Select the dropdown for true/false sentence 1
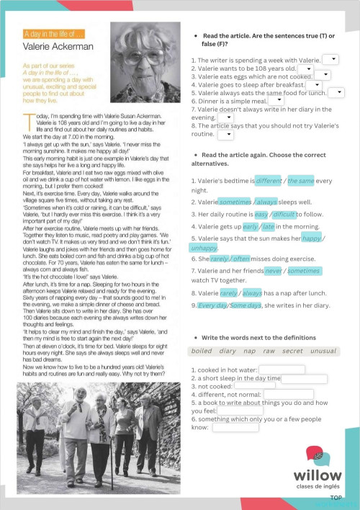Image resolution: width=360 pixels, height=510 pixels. point(330,59)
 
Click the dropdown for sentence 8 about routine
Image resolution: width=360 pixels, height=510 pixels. point(224,134)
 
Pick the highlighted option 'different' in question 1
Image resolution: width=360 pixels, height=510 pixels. point(269,181)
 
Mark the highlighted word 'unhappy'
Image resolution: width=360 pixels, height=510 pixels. point(204,248)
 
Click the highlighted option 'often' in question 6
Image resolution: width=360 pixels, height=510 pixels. point(241,259)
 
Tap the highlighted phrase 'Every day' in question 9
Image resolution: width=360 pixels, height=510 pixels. point(212,305)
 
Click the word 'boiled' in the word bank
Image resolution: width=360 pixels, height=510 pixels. point(202,352)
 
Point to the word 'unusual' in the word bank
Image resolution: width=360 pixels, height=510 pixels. point(323,352)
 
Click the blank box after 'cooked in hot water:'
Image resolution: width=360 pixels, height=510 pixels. point(281,370)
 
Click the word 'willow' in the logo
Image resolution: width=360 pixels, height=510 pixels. point(317,475)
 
